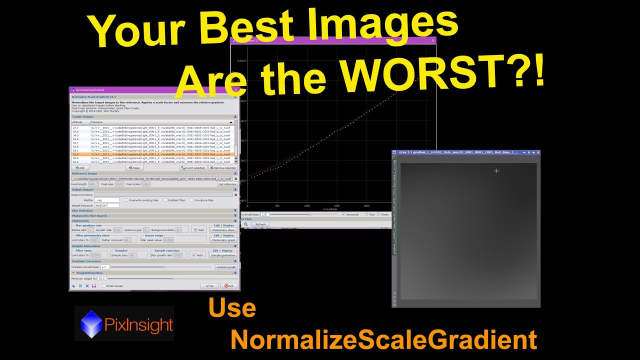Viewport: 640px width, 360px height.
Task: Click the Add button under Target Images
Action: click(80, 168)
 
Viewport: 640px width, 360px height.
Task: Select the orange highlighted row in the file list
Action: click(152, 154)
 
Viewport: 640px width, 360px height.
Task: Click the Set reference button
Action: click(227, 184)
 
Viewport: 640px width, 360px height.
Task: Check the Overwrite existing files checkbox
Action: click(126, 200)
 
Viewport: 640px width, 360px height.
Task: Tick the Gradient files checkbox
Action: click(165, 200)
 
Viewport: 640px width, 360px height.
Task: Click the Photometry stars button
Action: click(223, 230)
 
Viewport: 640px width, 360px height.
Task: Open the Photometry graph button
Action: click(223, 240)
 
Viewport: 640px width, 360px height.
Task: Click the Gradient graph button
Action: click(225, 267)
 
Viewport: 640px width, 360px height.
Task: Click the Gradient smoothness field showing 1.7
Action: click(105, 267)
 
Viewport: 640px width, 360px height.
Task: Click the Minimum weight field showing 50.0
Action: click(102, 278)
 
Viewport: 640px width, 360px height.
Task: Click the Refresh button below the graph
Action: click(260, 224)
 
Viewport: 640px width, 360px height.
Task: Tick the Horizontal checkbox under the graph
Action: click(343, 214)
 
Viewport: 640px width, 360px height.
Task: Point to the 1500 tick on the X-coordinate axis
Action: click(336, 205)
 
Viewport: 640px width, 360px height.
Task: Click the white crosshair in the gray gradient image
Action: click(496, 171)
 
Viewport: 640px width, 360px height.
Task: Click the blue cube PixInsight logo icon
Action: click(91, 323)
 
